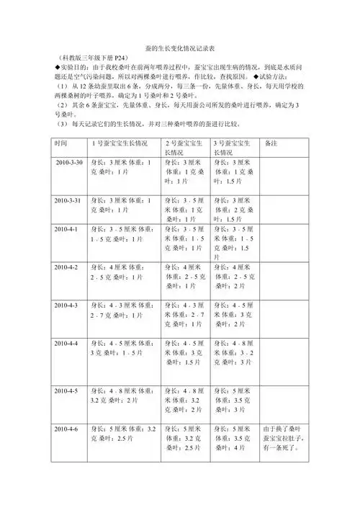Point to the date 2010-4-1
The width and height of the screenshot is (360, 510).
(x=67, y=228)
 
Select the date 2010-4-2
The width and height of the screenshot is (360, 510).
(x=67, y=267)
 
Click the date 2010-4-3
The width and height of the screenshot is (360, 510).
(x=67, y=305)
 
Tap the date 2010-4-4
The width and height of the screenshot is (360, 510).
(x=67, y=343)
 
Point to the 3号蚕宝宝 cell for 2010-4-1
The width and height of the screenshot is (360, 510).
(x=236, y=243)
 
